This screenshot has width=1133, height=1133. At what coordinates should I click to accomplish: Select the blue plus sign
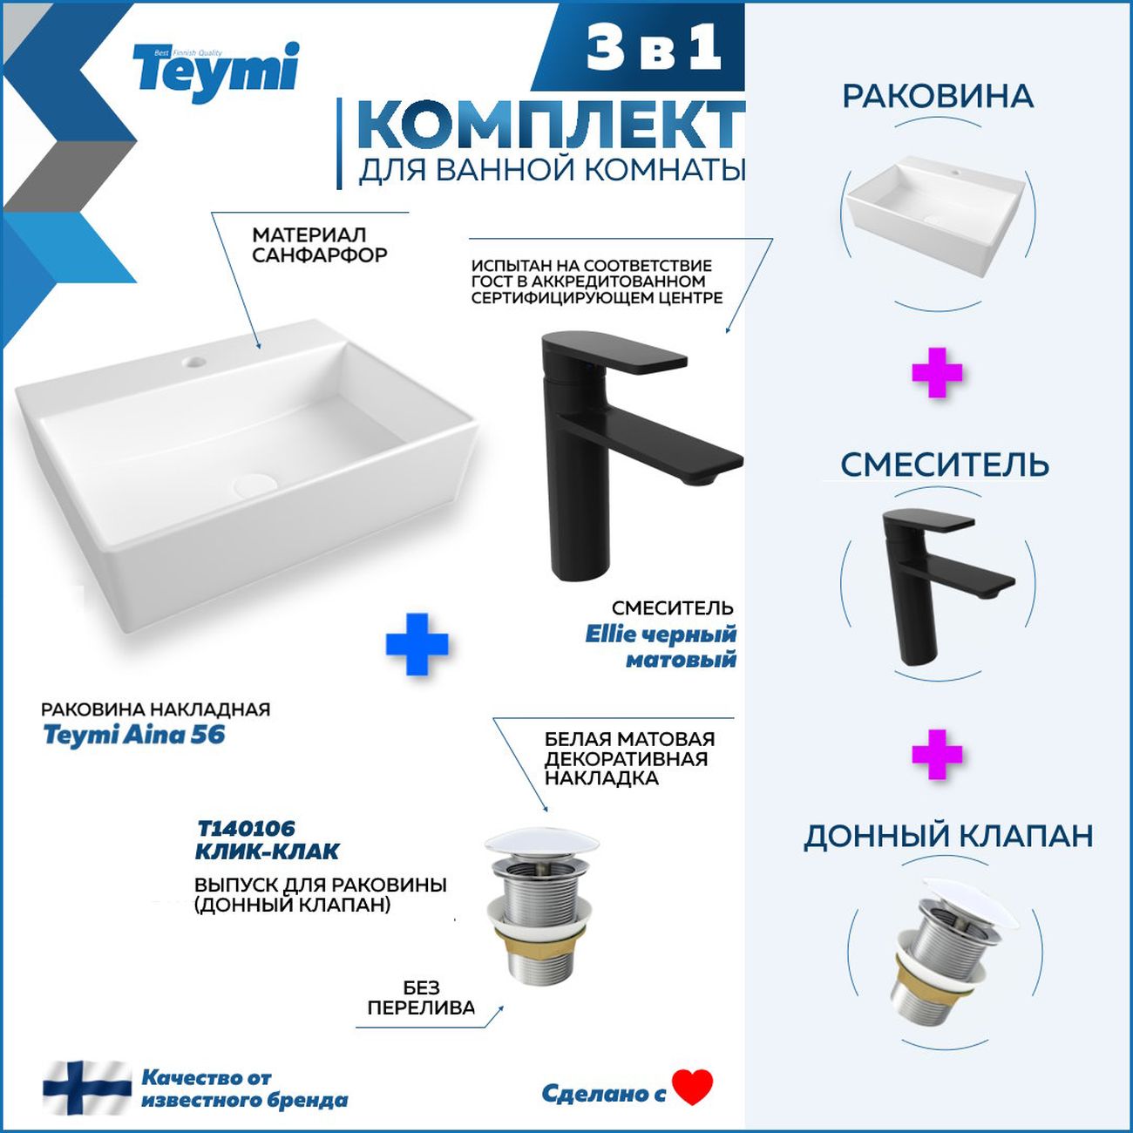417,644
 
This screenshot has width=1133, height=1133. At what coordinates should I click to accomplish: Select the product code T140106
246,829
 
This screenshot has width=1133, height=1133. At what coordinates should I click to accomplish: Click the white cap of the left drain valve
541,843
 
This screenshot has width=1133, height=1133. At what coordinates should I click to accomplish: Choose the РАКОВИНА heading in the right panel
938,97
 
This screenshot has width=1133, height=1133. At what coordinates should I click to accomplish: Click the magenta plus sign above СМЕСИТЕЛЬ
937,373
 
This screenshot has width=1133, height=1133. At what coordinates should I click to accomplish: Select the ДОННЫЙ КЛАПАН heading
948,836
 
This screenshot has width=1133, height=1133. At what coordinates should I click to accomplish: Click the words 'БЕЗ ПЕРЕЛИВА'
421,998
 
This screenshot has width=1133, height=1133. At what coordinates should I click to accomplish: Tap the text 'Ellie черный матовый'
661,647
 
